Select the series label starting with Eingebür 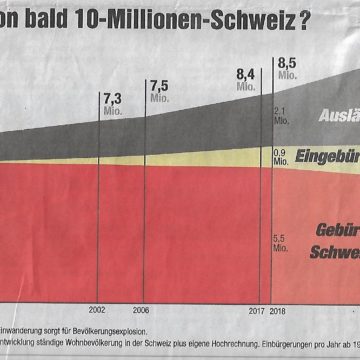pyautogui.click(x=326, y=155)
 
